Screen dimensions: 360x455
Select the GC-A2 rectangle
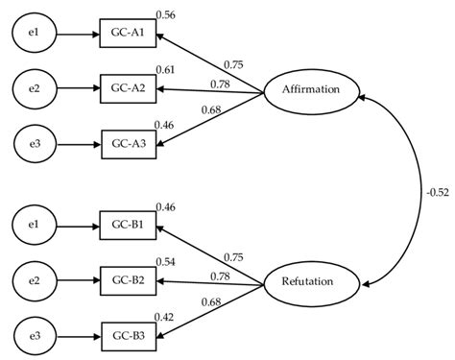coord(129,90)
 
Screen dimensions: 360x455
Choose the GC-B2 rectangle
coord(129,282)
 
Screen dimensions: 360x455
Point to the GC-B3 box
coord(129,337)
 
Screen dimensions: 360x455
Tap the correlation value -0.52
coord(437,191)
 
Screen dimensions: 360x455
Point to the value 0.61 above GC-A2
coord(166,71)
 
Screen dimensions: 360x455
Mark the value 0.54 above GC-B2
coord(166,262)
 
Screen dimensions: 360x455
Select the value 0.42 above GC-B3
coord(166,317)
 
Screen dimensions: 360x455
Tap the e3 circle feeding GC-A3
coord(34,146)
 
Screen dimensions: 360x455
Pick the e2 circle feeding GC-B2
coord(34,282)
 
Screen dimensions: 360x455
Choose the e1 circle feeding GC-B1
coord(34,228)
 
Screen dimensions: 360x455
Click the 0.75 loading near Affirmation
coord(232,64)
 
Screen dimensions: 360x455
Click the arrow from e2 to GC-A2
coord(79,90)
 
